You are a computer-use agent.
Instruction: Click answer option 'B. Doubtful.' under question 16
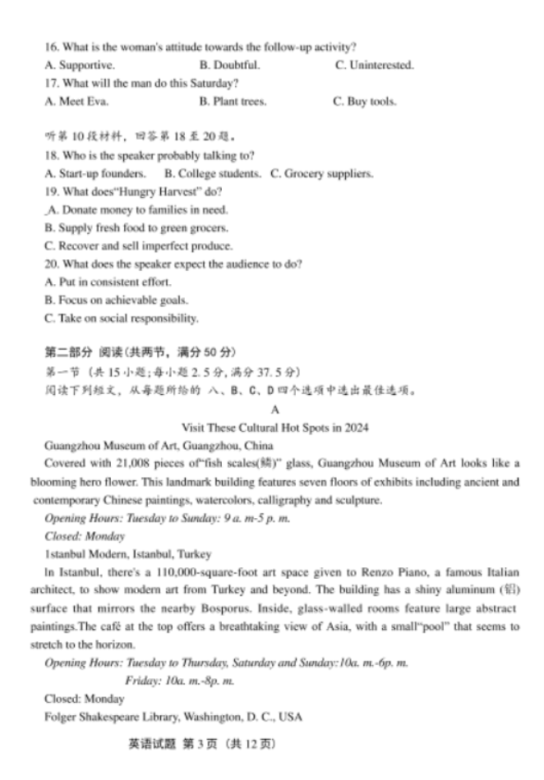[x=229, y=65]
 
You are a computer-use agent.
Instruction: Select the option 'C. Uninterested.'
[x=374, y=65]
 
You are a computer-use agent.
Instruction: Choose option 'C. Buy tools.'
[x=364, y=102]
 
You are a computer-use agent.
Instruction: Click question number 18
[x=52, y=155]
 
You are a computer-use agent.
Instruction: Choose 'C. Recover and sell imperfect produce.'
[x=139, y=245]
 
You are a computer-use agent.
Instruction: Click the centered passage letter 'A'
[x=274, y=409]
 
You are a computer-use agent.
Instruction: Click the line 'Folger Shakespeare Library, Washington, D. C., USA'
[x=173, y=717]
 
